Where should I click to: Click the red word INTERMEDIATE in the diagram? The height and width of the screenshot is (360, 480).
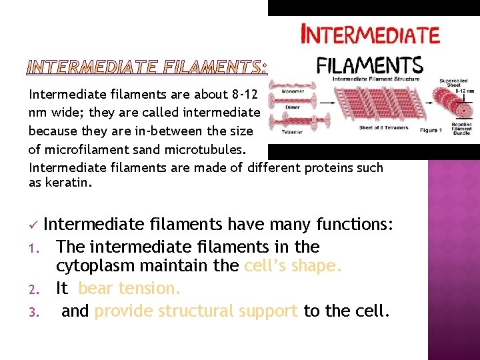pos(371,35)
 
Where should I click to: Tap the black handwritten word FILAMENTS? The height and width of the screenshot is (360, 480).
pos(369,65)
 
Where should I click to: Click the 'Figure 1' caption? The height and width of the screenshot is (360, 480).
pos(431,130)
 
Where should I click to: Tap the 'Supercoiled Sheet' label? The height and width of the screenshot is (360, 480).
pos(453,84)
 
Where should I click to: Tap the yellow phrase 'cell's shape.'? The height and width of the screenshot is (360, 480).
pos(293,267)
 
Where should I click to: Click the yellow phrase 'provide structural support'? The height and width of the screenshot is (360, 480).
pos(196,311)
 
